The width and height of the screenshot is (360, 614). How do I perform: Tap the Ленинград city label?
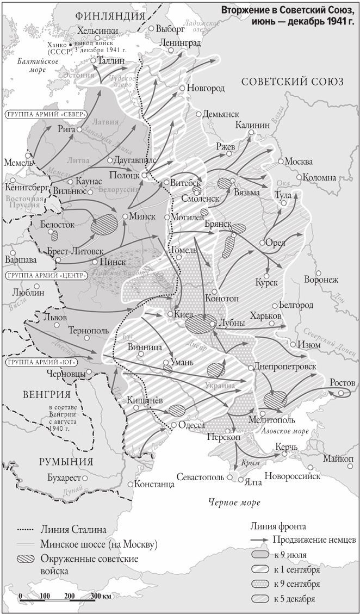[x=181, y=43]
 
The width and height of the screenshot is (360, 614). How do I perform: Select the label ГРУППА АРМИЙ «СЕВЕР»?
[x=46, y=115]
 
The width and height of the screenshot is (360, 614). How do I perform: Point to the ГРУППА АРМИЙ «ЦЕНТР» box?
[x=46, y=276]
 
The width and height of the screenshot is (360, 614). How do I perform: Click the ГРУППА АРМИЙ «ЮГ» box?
[x=40, y=362]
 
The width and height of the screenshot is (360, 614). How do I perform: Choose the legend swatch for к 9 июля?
[x=262, y=555]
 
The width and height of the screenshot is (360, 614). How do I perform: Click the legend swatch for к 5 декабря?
[x=262, y=599]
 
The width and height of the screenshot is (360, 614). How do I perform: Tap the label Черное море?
[x=234, y=503]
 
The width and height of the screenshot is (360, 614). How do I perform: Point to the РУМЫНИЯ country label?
[x=66, y=462]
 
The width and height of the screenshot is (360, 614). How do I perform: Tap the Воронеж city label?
[x=321, y=280]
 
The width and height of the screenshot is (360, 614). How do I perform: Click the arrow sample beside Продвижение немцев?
[x=262, y=541]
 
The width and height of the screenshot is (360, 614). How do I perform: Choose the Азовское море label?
[x=285, y=431]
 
